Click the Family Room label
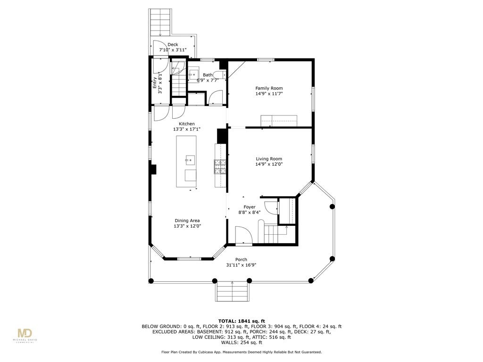(x=269, y=88)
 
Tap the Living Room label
(x=269, y=159)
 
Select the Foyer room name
(x=250, y=207)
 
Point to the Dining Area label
(x=187, y=221)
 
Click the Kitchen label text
(x=187, y=124)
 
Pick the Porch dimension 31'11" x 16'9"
(x=241, y=265)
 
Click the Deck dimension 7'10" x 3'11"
(x=173, y=49)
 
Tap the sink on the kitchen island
(x=191, y=160)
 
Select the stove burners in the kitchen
(x=220, y=167)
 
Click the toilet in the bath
(x=220, y=74)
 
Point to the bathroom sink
(x=194, y=74)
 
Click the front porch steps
(x=232, y=291)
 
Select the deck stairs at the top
(x=160, y=22)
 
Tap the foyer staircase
(x=275, y=234)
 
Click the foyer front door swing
(x=244, y=235)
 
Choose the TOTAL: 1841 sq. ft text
(x=241, y=321)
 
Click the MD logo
(x=25, y=333)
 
